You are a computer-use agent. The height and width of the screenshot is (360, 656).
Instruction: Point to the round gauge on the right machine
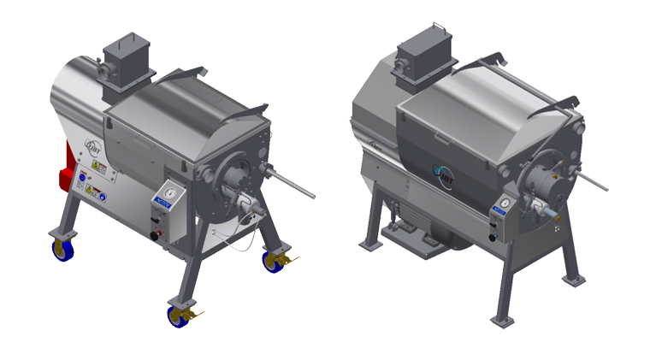(x=505, y=204)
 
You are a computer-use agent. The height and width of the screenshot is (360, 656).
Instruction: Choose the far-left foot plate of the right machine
(x=370, y=245)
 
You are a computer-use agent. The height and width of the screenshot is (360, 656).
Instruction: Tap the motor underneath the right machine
(x=428, y=231)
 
